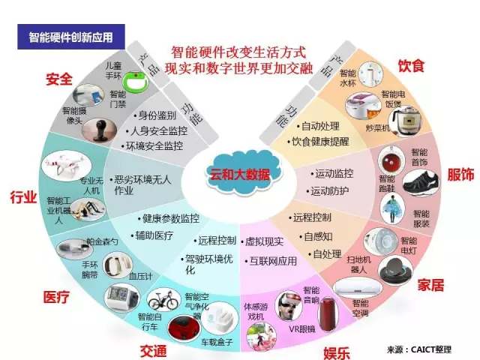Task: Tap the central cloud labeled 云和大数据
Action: (239, 175)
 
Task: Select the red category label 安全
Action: (59, 79)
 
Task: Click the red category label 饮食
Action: (411, 66)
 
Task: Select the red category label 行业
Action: (23, 197)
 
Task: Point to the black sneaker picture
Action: (417, 183)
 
